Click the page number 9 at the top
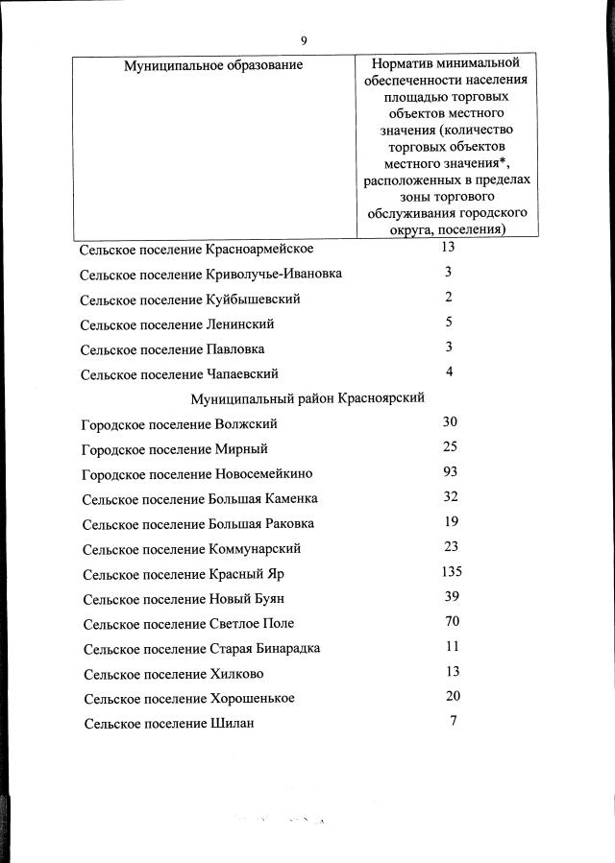(304, 40)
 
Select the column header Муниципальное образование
(213, 65)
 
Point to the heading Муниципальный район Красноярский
(307, 397)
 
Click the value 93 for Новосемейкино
(451, 472)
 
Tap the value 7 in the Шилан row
(453, 721)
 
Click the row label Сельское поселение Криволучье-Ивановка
(211, 274)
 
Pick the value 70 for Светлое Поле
(453, 622)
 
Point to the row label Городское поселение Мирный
(175, 448)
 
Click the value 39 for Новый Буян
(452, 597)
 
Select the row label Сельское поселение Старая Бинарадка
(202, 648)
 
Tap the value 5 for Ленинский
(449, 323)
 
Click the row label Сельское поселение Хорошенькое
(189, 698)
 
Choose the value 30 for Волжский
(451, 422)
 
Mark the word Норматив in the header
(400, 63)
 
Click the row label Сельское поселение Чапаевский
(180, 373)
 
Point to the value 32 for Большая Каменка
(452, 497)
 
